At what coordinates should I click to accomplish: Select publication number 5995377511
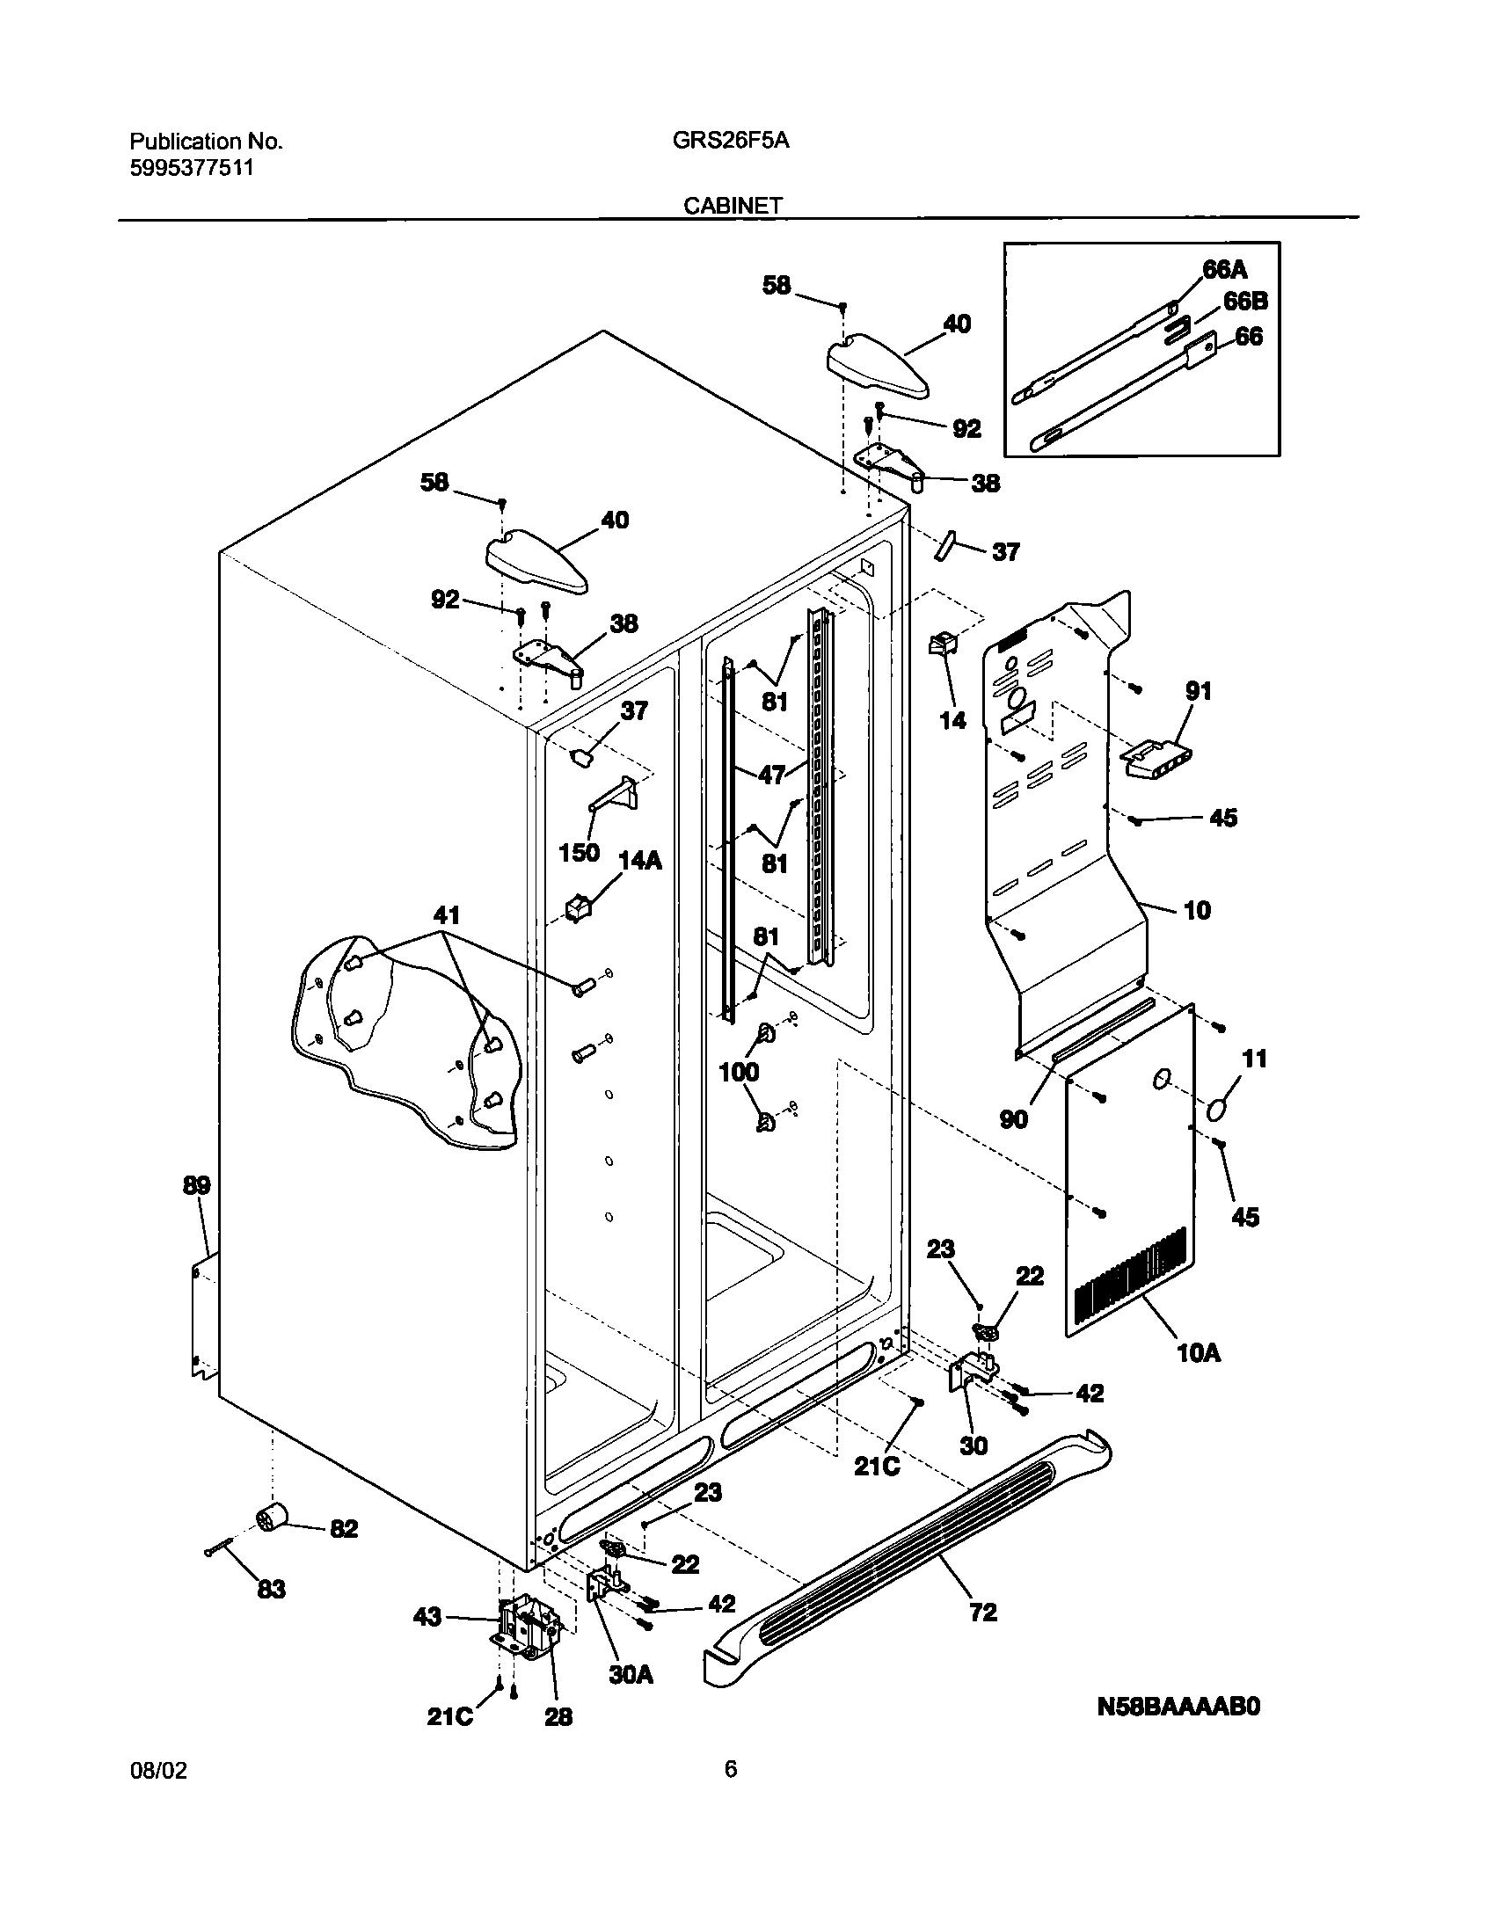click(192, 168)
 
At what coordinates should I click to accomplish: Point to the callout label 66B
click(1245, 302)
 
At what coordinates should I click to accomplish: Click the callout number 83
click(272, 1589)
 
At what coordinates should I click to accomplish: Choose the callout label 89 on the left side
click(197, 1185)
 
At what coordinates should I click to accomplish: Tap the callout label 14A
click(640, 860)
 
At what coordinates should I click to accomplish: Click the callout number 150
click(579, 852)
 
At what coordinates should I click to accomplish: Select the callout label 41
click(447, 914)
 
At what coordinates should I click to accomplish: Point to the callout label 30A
click(631, 1675)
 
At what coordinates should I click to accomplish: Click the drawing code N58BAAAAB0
click(1178, 1730)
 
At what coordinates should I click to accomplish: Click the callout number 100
click(739, 1071)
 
